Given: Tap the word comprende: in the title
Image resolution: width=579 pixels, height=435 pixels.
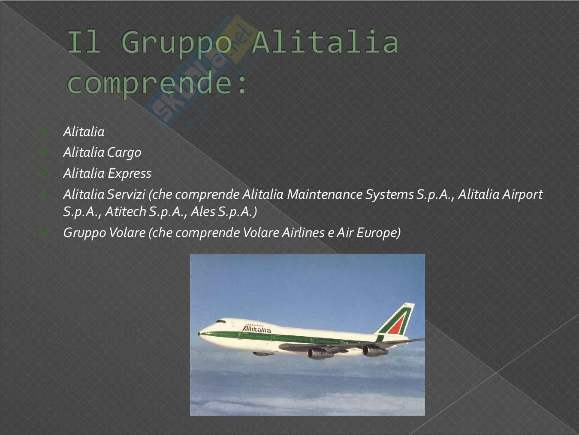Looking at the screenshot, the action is point(157,85).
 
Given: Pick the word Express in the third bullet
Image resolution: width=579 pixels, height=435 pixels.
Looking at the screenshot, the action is point(130,174).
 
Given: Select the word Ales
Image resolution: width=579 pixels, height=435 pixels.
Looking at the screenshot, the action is point(203,212).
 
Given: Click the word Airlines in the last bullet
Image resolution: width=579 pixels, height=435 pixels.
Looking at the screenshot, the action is point(304,233).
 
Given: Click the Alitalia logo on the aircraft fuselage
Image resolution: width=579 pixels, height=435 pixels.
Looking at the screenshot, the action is point(256,329).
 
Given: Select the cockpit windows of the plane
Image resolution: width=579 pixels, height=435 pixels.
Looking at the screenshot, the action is point(220,322).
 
